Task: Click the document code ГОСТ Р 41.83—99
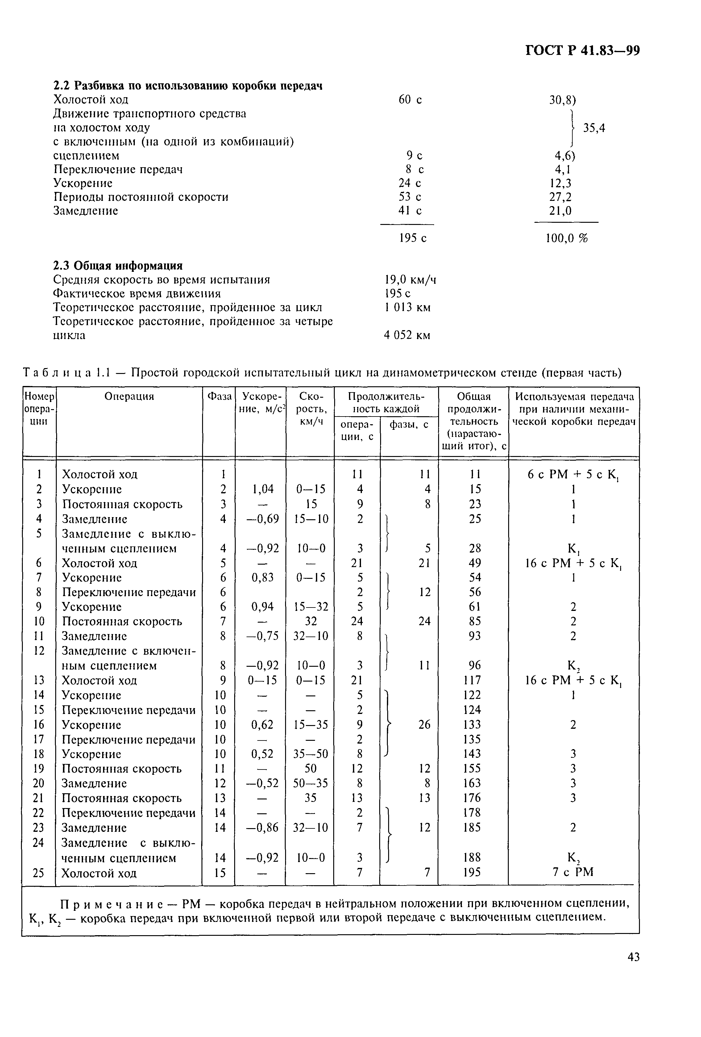click(x=582, y=50)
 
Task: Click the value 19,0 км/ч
click(x=410, y=280)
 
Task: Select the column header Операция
click(x=129, y=396)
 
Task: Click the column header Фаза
click(x=219, y=396)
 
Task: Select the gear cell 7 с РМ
click(x=573, y=872)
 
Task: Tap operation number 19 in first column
click(x=39, y=768)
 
